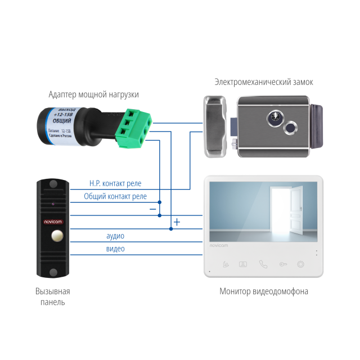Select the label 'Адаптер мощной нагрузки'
point(93,94)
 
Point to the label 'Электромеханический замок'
point(264,82)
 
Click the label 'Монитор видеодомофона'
point(264,291)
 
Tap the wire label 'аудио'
point(115,236)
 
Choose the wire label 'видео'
point(115,249)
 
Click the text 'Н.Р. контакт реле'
point(116,183)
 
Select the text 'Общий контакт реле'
point(115,196)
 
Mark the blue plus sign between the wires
point(177,222)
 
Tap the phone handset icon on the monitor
point(263,264)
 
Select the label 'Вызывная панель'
point(52,297)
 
